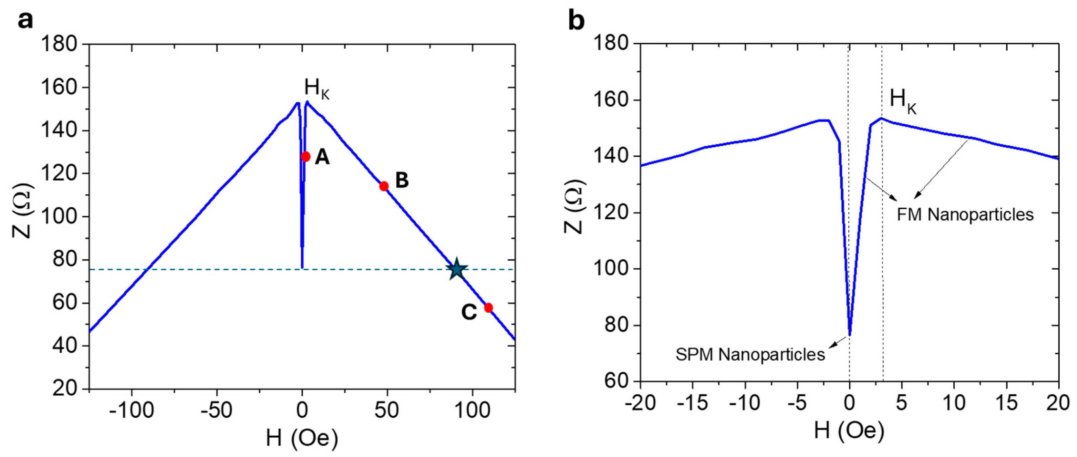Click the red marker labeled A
click(x=305, y=157)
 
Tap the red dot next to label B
click(x=384, y=186)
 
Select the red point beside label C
click(x=488, y=308)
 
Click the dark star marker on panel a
click(x=457, y=270)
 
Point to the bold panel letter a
click(x=25, y=20)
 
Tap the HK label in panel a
click(x=316, y=89)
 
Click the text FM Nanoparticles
click(x=965, y=215)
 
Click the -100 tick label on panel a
click(x=131, y=411)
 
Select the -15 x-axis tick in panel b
click(x=692, y=403)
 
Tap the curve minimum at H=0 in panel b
click(x=849, y=334)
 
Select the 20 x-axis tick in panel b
click(x=1058, y=403)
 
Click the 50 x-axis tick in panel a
click(x=386, y=411)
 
